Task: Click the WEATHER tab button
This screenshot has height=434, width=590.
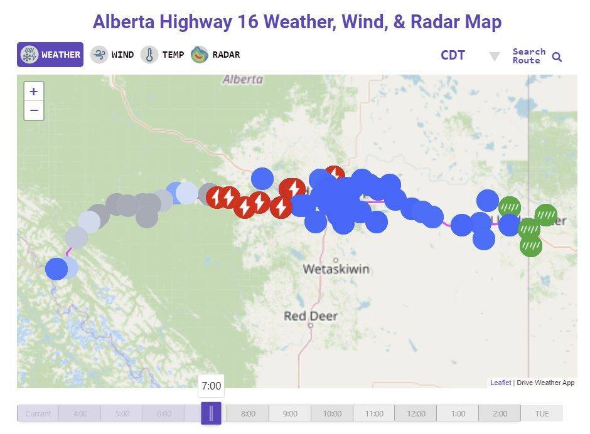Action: point(50,55)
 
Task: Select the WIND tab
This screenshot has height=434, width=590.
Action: point(112,55)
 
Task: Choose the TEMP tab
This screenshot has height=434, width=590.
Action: point(163,55)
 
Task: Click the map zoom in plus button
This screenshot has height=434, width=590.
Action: point(34,91)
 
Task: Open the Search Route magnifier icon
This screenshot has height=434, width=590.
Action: point(557,57)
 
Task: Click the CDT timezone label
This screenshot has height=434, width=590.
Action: point(453,55)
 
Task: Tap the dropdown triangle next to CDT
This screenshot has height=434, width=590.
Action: point(495,57)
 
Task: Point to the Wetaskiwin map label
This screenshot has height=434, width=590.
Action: point(336,269)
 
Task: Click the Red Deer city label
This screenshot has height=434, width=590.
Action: point(311,315)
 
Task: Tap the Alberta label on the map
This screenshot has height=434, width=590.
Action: point(242,80)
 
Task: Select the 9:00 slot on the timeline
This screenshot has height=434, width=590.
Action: point(290,414)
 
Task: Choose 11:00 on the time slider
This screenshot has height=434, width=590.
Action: point(374,414)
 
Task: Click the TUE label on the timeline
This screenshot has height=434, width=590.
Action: point(542,414)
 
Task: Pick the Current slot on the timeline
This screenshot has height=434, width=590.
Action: point(38,414)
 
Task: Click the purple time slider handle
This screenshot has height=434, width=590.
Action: point(211,413)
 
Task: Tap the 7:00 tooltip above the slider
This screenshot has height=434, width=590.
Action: point(212,386)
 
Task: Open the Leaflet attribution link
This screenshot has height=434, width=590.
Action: point(500,383)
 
